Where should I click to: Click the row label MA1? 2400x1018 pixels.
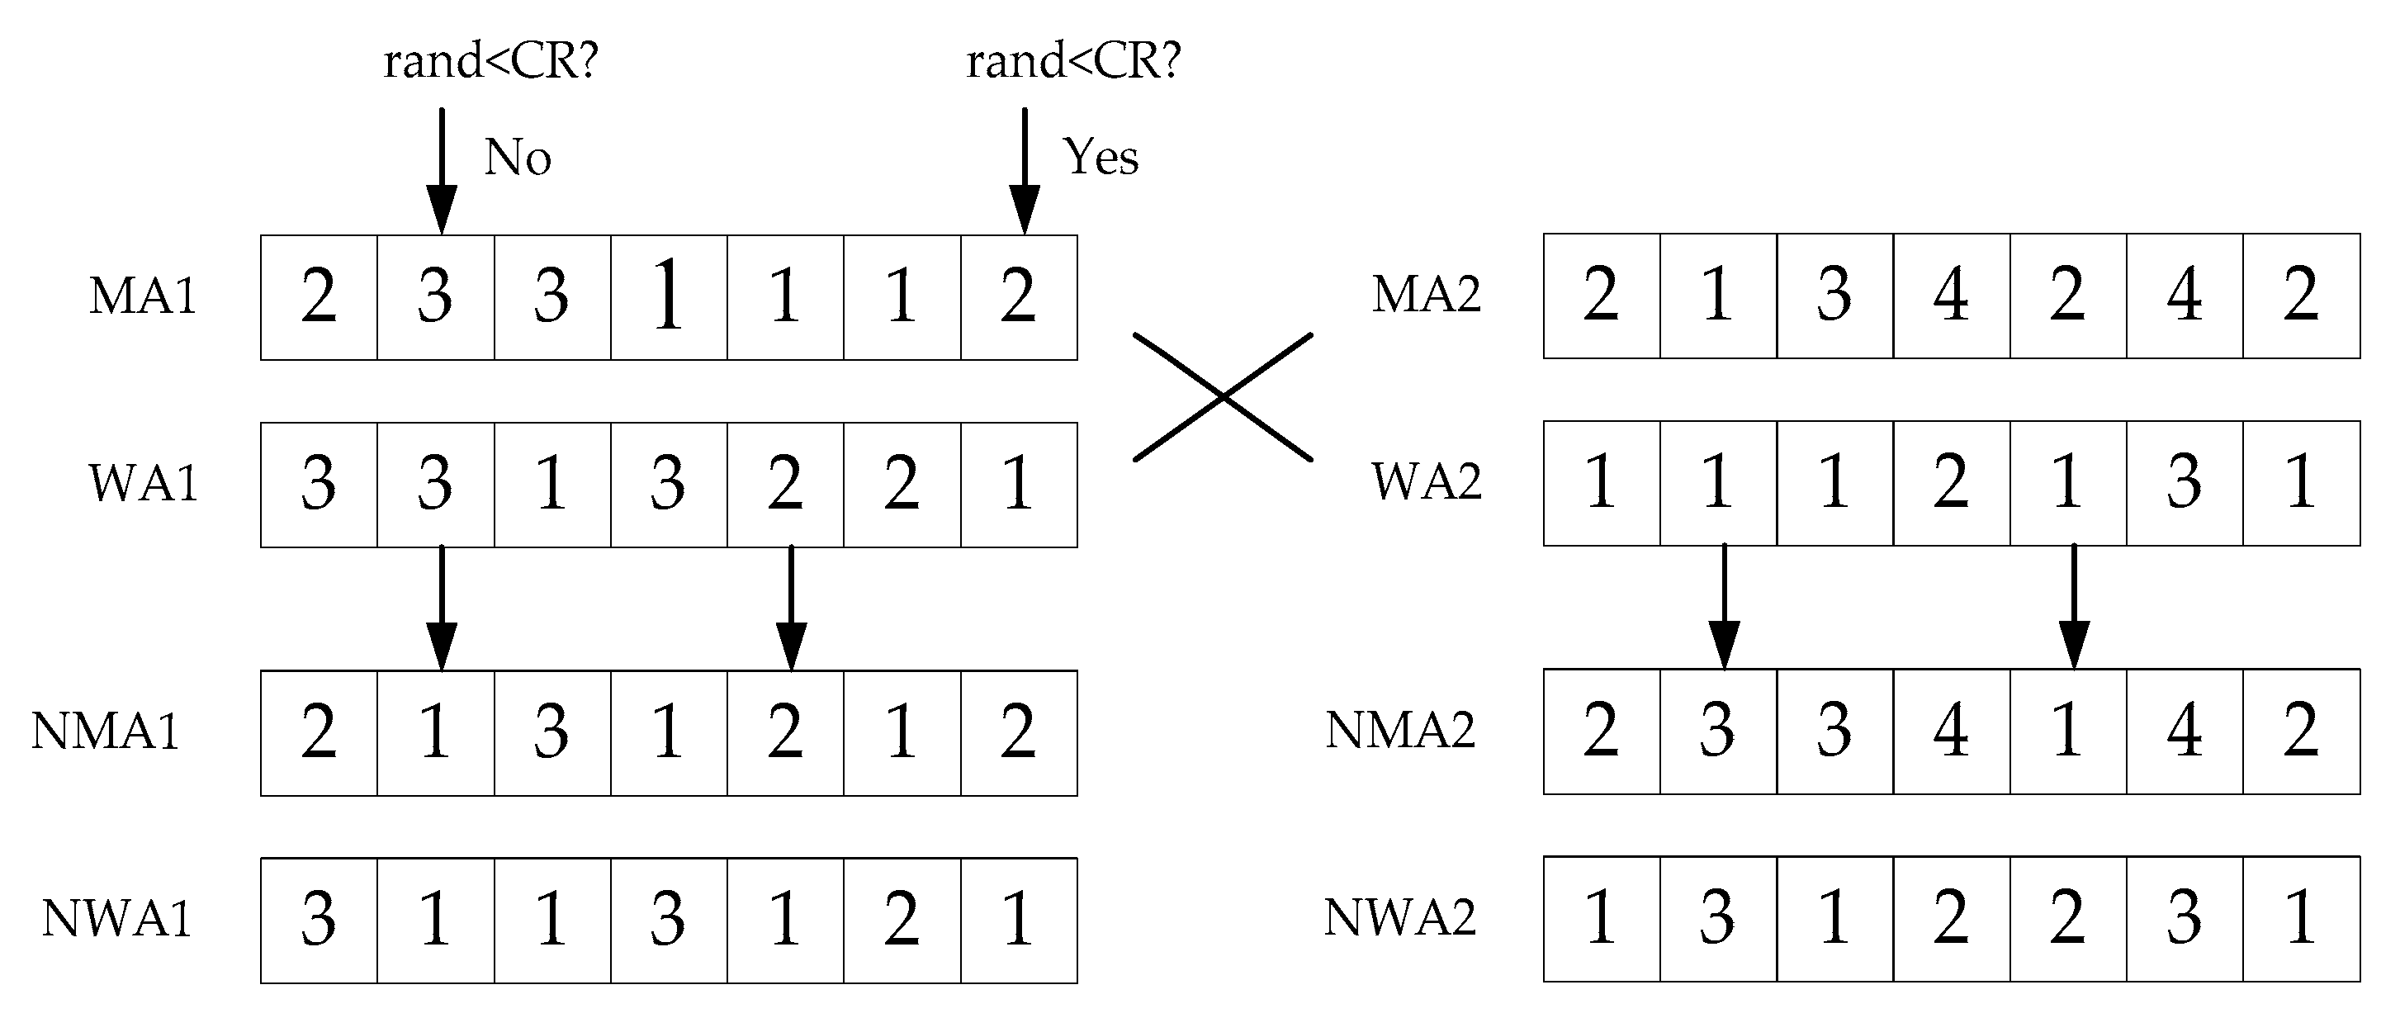coord(143,296)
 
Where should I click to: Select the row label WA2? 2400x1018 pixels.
coord(1426,481)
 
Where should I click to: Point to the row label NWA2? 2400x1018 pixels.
coord(1399,917)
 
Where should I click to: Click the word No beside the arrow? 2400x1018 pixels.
coord(517,158)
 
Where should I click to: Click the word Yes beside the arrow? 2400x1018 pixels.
coord(1101,157)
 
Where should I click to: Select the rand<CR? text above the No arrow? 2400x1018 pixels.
coord(490,61)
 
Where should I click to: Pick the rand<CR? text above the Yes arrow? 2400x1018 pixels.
coord(1073,61)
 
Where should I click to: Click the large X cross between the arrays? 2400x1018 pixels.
coord(1223,397)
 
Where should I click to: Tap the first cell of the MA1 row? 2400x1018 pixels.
coord(319,297)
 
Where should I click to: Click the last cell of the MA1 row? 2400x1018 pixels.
coord(1018,297)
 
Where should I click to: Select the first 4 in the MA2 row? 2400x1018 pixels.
coord(1951,296)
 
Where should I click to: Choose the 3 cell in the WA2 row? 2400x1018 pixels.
coord(2184,482)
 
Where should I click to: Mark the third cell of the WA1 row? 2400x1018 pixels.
coord(551,485)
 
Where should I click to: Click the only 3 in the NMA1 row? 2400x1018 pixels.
coord(551,732)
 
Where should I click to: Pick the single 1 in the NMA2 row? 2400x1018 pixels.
coord(2067,732)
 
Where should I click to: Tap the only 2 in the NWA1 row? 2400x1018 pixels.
coord(901,919)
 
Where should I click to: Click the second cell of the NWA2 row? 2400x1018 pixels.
coord(1717,918)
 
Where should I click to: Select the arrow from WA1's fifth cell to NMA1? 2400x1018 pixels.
coord(791,608)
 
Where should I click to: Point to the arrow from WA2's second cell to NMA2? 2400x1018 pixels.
coord(1724,605)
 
